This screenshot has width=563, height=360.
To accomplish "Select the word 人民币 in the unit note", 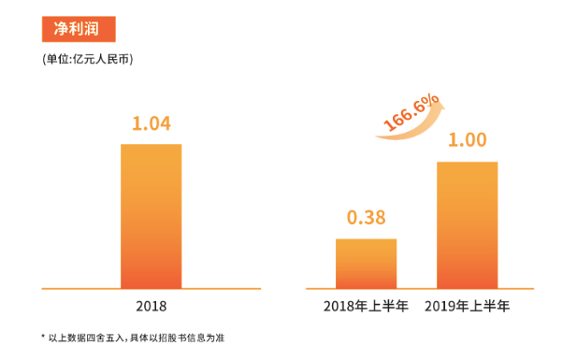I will pos(115,60).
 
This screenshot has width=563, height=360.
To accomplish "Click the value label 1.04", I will pos(151,123).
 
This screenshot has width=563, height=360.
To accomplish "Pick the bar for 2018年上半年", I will pos(366,264).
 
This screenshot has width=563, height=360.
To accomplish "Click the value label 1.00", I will pos(467,141).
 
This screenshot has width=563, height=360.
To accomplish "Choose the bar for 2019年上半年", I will pos(467,224).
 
